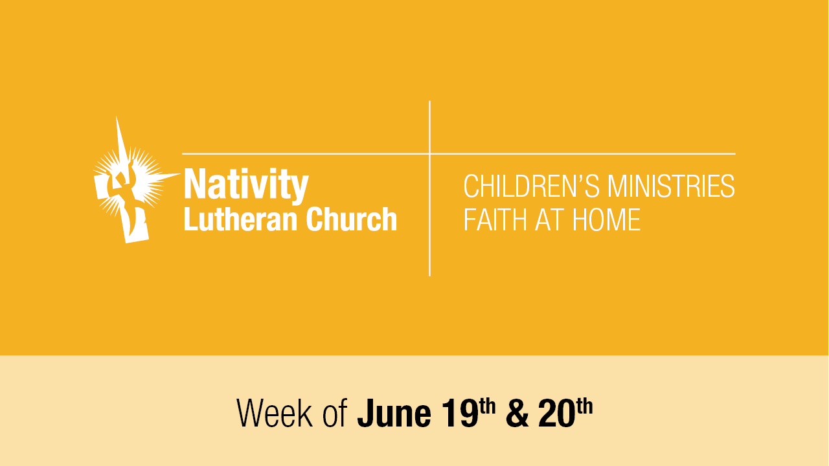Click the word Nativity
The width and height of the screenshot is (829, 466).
point(246,185)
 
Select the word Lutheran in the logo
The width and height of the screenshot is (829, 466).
point(240,219)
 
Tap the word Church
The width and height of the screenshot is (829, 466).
point(352,219)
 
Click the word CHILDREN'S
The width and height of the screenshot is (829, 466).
point(531,186)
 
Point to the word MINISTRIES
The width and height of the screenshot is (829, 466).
point(672,186)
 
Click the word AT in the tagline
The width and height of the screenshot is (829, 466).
point(549,219)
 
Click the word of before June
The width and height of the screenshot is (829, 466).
point(335,414)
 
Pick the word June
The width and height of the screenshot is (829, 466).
point(394,414)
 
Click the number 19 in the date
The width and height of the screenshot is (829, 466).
point(460,414)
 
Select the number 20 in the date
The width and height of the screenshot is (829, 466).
point(556,414)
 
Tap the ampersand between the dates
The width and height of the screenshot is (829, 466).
point(517,414)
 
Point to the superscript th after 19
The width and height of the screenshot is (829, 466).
point(487,406)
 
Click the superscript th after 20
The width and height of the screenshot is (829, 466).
point(584,406)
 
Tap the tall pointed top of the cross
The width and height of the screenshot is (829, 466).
point(117,118)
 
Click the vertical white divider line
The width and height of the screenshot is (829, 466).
point(429,188)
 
